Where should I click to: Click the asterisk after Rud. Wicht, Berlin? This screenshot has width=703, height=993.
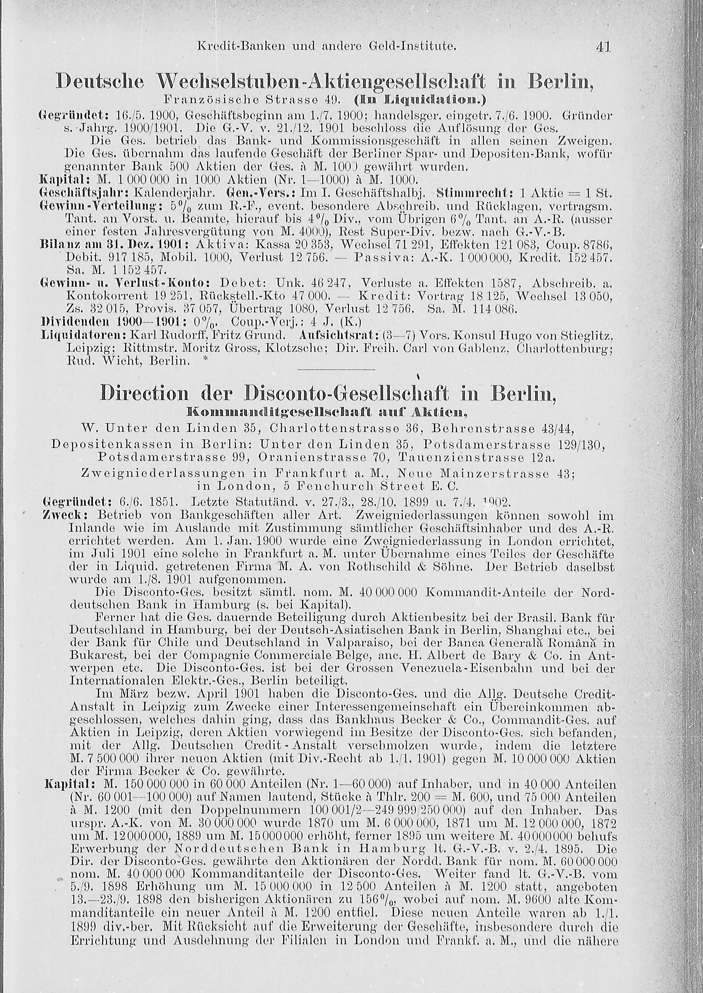[204, 361]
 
